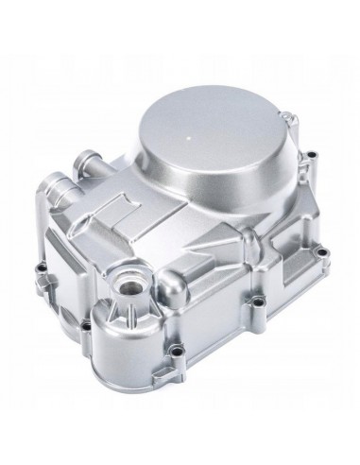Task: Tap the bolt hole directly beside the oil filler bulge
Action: tap(84, 325)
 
